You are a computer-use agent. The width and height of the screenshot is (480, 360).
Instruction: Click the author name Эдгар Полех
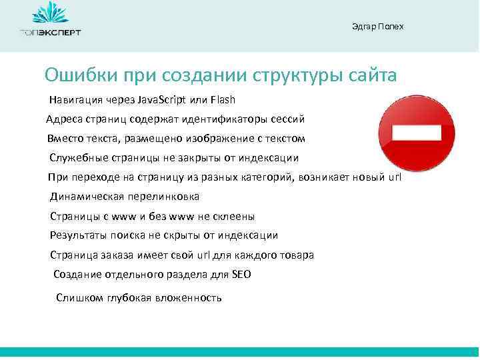(x=377, y=27)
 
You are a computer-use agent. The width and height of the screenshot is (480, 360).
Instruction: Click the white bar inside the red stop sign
(x=417, y=132)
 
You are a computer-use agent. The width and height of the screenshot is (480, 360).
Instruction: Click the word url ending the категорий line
(x=395, y=177)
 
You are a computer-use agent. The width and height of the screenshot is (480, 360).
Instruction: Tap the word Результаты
(x=76, y=235)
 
